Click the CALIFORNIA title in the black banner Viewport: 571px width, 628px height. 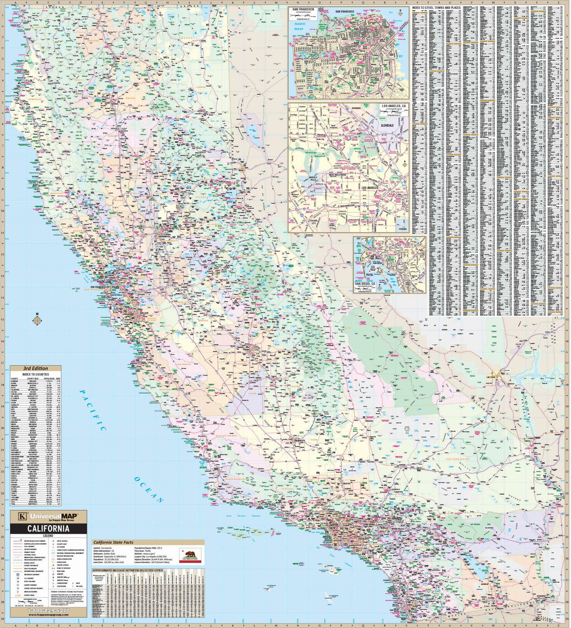[48, 528]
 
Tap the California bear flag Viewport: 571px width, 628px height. [190, 556]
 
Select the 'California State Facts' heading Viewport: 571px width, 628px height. [113, 542]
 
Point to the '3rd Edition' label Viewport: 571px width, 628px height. [36, 369]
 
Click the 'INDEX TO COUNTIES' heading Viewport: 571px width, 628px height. [36, 374]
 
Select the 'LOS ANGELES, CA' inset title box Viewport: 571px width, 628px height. [394, 107]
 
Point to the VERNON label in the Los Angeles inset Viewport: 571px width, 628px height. [402, 229]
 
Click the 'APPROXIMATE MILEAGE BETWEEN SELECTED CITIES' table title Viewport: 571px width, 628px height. [128, 570]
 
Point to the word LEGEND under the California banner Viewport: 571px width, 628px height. [48, 536]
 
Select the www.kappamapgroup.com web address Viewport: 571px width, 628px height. [48, 615]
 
